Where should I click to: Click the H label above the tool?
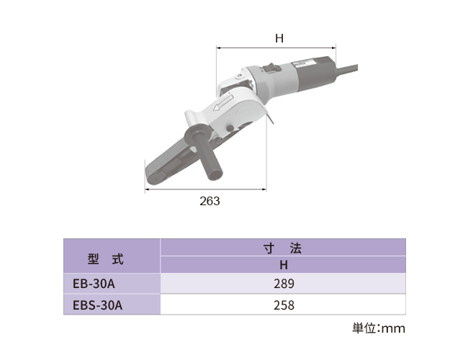279,38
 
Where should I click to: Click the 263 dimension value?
210,201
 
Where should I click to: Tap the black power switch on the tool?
271,67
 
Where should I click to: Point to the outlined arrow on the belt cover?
222,102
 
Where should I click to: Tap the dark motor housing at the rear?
316,73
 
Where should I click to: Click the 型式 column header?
105,259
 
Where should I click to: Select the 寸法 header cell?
283,248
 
